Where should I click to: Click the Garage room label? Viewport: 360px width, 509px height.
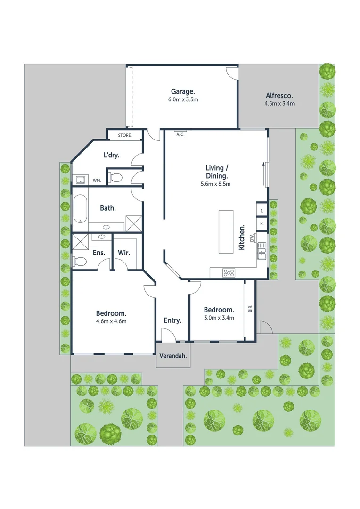(183, 91)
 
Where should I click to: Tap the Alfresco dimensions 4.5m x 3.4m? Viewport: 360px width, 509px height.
(279, 103)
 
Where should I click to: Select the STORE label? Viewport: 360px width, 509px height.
(124, 136)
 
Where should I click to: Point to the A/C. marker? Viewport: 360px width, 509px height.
(180, 134)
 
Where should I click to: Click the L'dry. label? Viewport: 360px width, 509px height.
(111, 155)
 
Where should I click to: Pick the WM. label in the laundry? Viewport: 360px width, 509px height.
(97, 180)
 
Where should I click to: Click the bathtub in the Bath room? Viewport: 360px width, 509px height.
(79, 208)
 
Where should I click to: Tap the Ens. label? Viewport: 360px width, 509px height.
(98, 253)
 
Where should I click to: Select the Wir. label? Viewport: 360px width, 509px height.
(124, 253)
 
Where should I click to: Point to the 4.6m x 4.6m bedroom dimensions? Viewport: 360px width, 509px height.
(111, 321)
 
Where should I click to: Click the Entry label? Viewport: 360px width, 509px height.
(172, 320)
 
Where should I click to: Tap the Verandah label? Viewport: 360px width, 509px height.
(172, 356)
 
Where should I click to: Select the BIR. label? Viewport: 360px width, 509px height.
(250, 309)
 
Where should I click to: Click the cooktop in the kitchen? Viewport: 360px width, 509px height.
(229, 272)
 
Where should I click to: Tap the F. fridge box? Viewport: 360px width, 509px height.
(261, 211)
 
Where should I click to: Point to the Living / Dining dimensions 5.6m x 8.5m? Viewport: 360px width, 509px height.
(215, 184)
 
